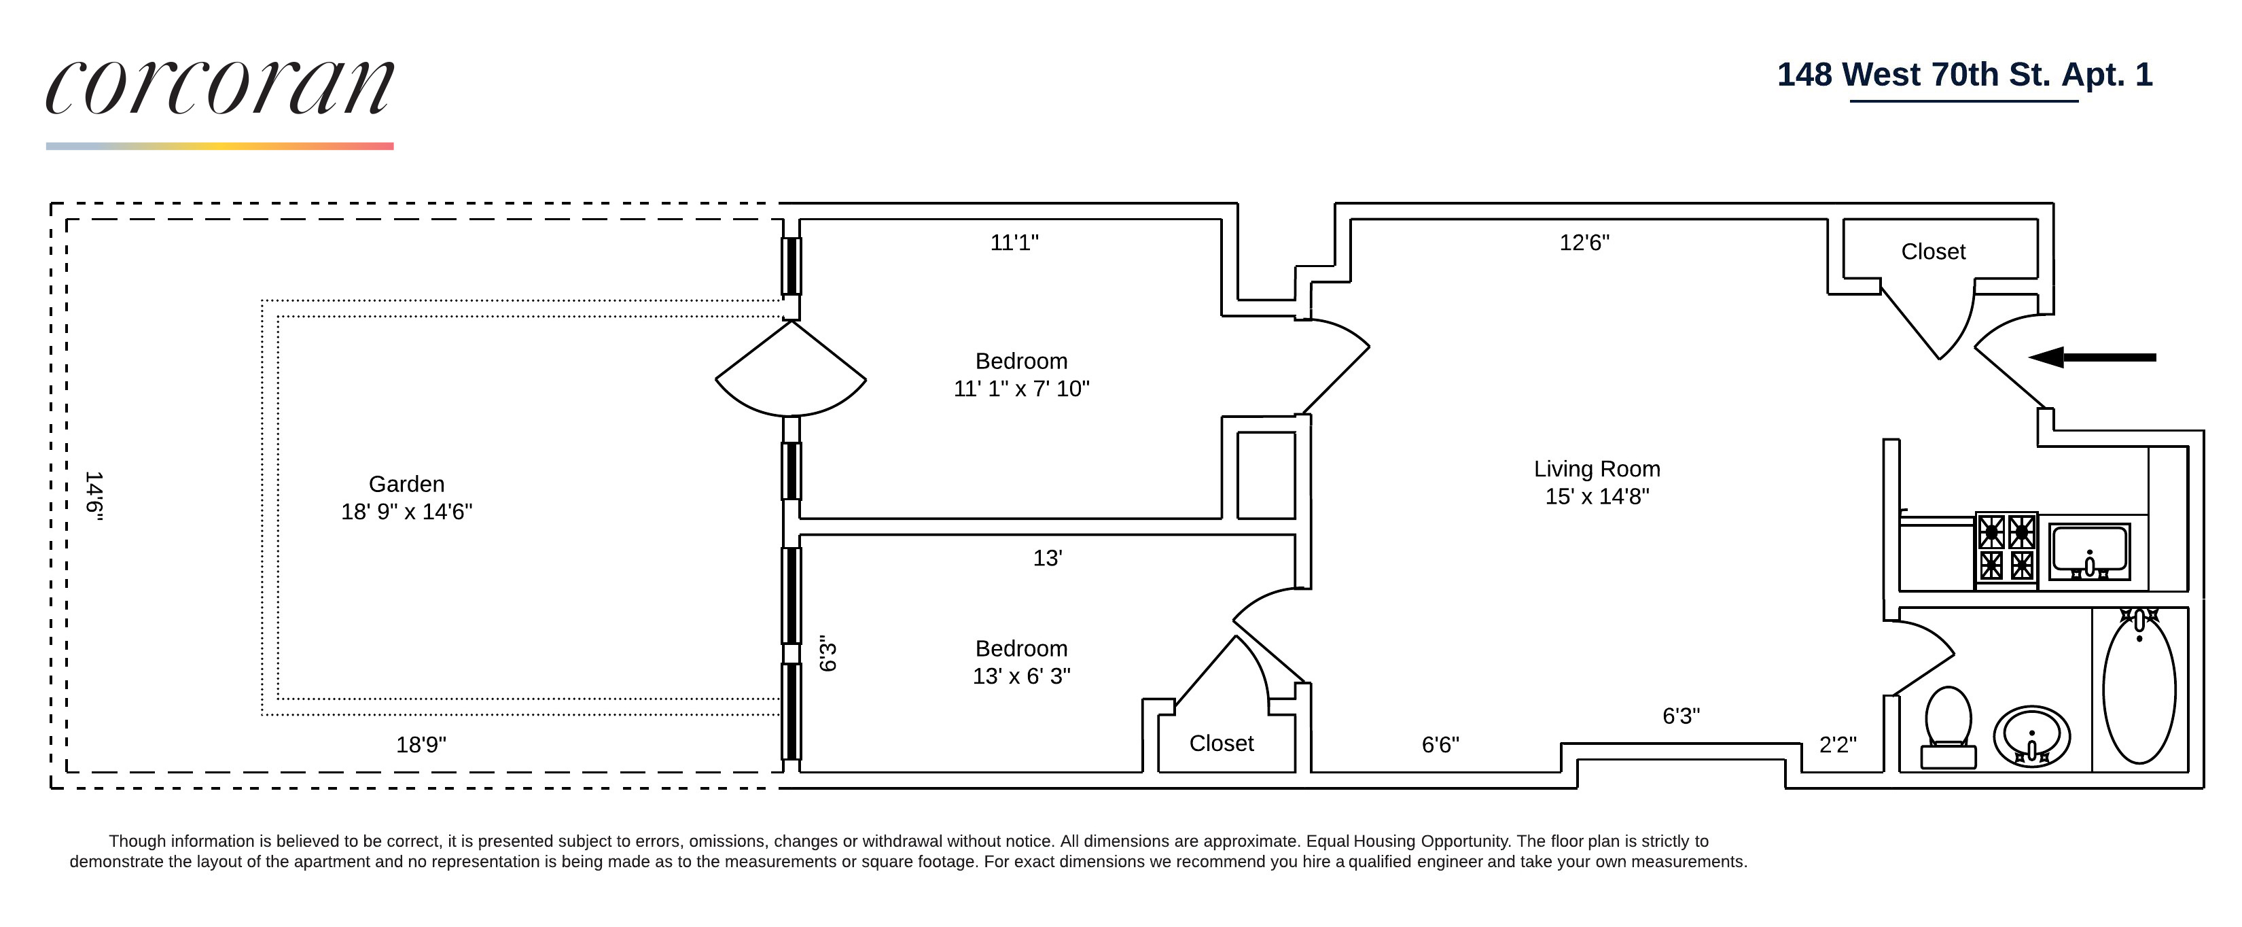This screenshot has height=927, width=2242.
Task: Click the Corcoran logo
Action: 219,87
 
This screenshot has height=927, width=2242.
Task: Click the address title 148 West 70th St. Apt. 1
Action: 1964,75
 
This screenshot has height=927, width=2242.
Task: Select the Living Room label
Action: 1596,483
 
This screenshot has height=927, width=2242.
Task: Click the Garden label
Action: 406,497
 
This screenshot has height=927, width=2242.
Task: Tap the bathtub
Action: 2139,688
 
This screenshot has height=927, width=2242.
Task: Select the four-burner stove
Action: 2006,548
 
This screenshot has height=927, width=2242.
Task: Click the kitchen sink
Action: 2089,552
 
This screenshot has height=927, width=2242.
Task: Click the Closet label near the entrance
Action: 1933,251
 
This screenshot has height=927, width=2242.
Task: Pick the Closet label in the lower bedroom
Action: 1221,744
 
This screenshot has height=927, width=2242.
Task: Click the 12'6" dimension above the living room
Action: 1584,243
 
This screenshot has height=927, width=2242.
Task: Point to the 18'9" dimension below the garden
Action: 421,745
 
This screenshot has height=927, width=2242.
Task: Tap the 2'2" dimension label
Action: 1837,745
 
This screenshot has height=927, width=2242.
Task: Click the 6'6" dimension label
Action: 1440,745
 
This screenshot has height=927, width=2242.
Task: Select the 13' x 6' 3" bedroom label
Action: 1021,663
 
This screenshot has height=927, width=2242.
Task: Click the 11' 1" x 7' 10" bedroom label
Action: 1021,375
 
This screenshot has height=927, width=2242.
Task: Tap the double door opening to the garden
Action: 790,370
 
